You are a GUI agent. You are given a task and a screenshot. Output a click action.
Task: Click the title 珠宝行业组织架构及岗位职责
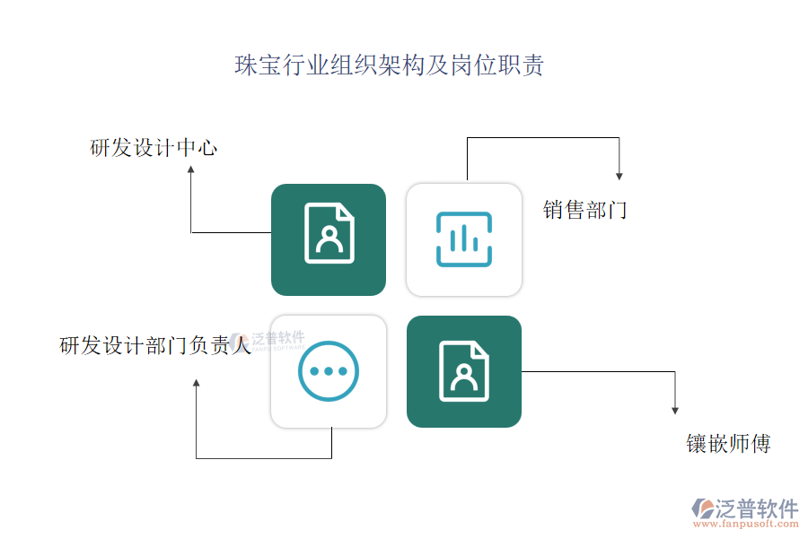point(389,66)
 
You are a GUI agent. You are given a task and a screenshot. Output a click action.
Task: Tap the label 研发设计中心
point(154,148)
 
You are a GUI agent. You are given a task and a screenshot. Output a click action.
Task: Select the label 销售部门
point(584,211)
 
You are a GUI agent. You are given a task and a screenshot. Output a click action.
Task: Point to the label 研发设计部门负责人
point(154,345)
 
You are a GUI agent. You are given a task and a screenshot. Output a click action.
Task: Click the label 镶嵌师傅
point(728,444)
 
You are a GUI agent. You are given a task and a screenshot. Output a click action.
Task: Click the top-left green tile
point(329,239)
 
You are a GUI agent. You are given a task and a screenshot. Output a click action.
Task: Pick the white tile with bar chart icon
point(464,239)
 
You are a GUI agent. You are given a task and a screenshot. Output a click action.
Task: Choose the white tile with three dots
point(329,371)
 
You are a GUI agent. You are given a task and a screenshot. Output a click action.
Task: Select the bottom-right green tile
point(464,371)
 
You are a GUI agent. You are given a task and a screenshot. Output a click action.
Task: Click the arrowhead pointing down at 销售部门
point(619,175)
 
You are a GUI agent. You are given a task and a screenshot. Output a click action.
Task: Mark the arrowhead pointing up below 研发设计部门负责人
point(196,384)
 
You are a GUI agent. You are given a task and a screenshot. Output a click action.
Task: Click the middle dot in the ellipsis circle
point(329,371)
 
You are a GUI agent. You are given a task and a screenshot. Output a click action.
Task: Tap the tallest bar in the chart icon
point(464,239)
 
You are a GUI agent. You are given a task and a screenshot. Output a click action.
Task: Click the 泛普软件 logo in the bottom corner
point(744,508)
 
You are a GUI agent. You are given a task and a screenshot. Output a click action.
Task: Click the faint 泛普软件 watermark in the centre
point(269,341)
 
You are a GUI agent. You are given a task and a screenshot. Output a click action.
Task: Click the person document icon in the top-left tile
point(329,234)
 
